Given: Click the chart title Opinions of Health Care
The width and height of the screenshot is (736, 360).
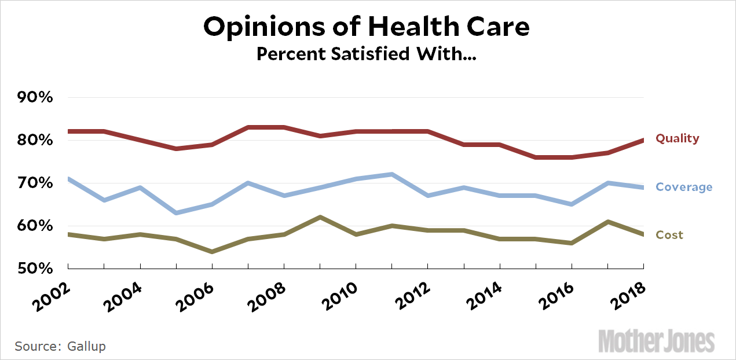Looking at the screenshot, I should [367, 27].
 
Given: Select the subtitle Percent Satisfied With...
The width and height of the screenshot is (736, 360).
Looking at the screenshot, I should [366, 54].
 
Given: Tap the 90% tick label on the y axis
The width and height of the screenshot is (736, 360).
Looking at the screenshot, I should [35, 98].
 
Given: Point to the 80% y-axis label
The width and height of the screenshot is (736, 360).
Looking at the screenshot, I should [35, 141].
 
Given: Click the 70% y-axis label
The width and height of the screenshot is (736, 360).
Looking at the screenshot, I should [35, 183].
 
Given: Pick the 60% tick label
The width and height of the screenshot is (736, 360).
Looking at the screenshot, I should [35, 226].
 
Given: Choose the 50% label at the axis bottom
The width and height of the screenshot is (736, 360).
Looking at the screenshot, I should [35, 269].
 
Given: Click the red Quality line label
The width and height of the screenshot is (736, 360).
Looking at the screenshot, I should [677, 139].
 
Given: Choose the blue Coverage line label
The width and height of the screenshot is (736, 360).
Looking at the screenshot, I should [684, 187].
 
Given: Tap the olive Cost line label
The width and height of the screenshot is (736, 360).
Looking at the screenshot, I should [669, 235].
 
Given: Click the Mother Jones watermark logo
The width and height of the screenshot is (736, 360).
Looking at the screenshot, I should [656, 341].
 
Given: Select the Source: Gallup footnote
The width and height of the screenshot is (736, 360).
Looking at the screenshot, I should [60, 347].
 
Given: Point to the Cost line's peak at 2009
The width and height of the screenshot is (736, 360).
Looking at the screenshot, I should [320, 217].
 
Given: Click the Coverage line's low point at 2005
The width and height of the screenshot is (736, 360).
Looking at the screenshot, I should [176, 213].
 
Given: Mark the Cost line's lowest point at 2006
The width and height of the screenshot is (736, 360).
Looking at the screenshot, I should [212, 251].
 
